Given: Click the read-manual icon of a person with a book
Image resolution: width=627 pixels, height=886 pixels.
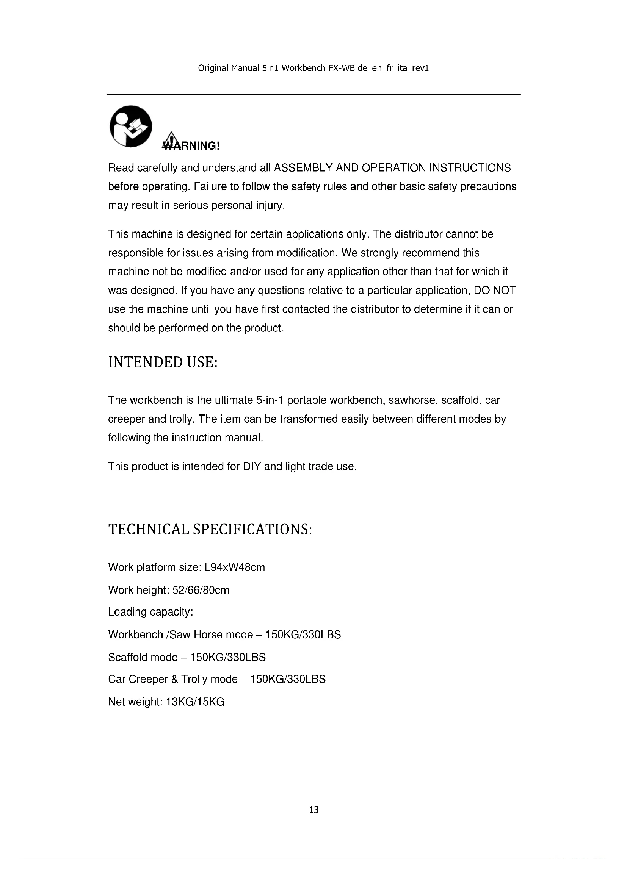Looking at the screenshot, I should click(x=131, y=126).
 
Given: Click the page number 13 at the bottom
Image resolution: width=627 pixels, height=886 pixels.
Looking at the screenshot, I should click(x=313, y=809).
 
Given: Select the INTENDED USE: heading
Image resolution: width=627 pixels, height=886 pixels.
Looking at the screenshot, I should click(x=163, y=363).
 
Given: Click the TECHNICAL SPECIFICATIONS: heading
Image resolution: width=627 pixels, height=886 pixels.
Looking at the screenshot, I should click(x=210, y=530).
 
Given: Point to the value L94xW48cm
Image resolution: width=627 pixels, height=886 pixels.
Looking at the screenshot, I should click(x=235, y=567).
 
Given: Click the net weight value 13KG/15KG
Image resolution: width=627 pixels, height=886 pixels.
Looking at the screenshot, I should click(x=195, y=702).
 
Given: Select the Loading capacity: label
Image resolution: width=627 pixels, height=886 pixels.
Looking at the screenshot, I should click(x=150, y=612).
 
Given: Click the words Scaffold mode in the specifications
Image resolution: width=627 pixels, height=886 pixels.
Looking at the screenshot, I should click(x=143, y=657).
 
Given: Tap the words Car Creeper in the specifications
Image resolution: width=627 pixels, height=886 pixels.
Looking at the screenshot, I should click(x=138, y=679).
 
